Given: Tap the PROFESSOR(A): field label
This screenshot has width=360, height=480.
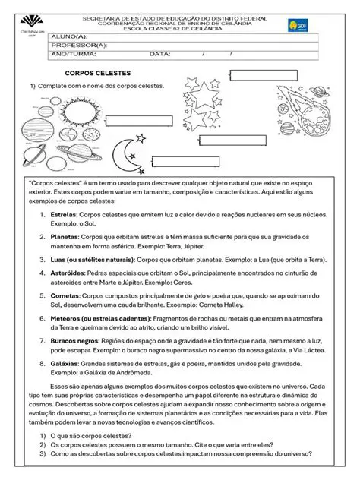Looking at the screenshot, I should [79, 46].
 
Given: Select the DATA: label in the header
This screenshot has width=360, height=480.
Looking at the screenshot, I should [159, 55].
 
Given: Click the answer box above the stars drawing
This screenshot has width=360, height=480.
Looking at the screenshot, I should [257, 74].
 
